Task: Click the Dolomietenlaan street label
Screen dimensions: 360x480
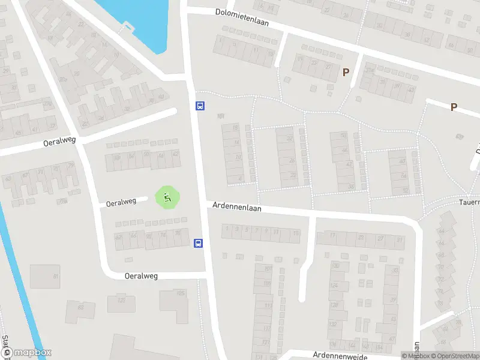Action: [242, 17]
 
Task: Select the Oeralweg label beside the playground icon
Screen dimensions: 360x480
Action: [121, 202]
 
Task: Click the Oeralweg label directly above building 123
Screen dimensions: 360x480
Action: [141, 276]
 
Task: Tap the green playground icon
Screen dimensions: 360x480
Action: [168, 197]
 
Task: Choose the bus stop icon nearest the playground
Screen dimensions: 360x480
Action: [198, 243]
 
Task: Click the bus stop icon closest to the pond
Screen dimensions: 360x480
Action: [200, 106]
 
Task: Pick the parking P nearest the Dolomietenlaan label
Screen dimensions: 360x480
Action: [346, 72]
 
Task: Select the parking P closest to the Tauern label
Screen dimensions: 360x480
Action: [454, 107]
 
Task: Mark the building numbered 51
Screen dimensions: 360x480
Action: [46, 276]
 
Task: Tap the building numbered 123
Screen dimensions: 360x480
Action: [122, 299]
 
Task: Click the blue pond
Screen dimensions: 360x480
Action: [138, 18]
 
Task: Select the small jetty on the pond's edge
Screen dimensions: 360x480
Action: [127, 26]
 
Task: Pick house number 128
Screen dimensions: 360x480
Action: [334, 305]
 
